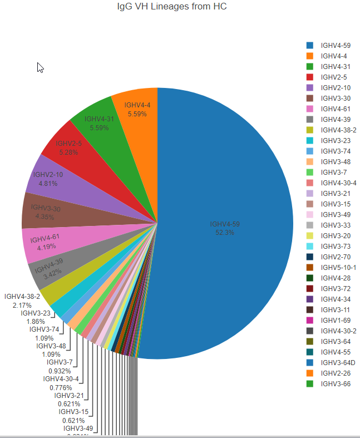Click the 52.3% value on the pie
pyautogui.click(x=225, y=233)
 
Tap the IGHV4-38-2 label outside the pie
pyautogui.click(x=22, y=297)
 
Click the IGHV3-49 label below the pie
pyautogui.click(x=78, y=429)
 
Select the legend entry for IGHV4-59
pyautogui.click(x=335, y=45)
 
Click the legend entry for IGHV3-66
pyautogui.click(x=335, y=383)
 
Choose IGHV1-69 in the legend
pyautogui.click(x=335, y=320)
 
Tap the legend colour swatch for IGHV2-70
pyautogui.click(x=310, y=257)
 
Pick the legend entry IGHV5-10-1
pyautogui.click(x=338, y=267)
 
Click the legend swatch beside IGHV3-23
pyautogui.click(x=310, y=140)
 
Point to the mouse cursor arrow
pyautogui.click(x=40, y=67)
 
